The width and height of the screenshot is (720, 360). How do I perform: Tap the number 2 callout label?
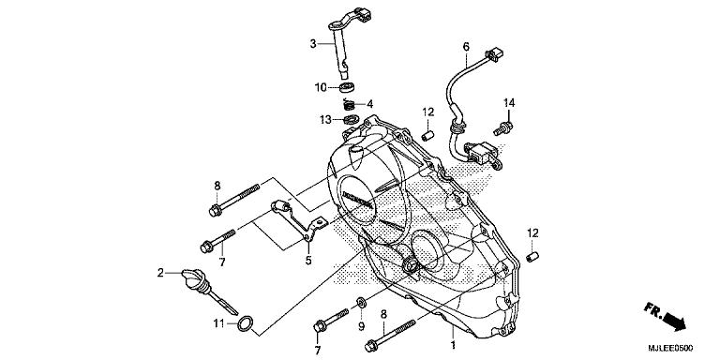click(160, 273)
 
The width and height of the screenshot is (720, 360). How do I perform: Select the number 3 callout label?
click(314, 43)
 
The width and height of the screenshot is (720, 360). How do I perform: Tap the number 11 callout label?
click(217, 324)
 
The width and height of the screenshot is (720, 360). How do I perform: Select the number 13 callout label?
click(324, 120)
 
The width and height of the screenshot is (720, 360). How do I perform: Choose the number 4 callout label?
click(370, 103)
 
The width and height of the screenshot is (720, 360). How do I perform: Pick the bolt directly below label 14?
click(508, 123)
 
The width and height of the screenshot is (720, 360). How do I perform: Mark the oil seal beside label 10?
click(347, 87)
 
